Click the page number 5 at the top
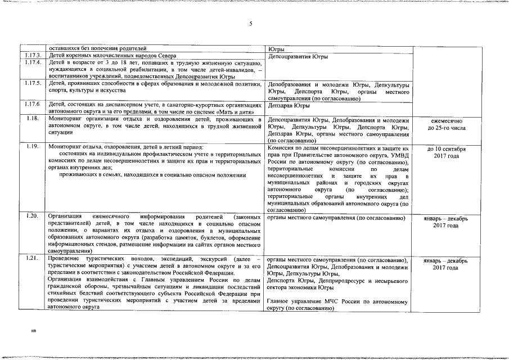pyautogui.click(x=251, y=24)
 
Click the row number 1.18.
pyautogui.click(x=32, y=119)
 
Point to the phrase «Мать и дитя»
pyautogui.click(x=239, y=111)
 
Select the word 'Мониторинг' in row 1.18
pyautogui.click(x=65, y=119)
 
